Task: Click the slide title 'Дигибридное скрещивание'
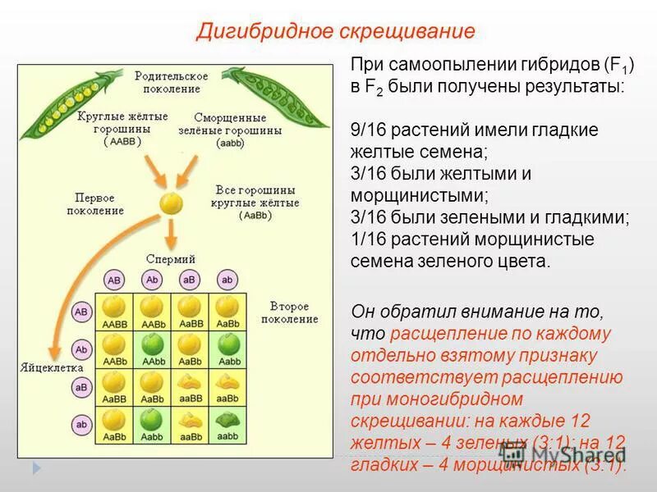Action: [x=335, y=31]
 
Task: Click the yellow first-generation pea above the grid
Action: [x=171, y=203]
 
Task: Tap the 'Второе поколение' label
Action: [x=289, y=312]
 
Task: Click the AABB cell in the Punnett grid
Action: [x=115, y=312]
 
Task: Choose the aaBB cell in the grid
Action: [x=190, y=387]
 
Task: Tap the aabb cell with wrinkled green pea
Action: [x=227, y=425]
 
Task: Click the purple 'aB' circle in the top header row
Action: [x=190, y=280]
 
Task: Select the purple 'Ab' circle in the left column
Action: [x=81, y=349]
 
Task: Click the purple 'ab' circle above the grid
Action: [x=227, y=280]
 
